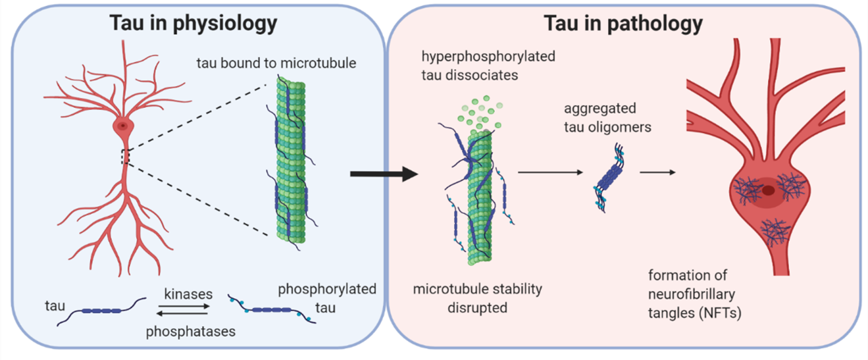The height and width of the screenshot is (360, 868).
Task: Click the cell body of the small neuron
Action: (122, 126)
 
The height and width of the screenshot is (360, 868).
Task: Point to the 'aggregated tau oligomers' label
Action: (607, 116)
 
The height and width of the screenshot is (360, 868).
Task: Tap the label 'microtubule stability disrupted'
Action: (479, 298)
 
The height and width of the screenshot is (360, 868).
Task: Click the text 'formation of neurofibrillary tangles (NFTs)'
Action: (695, 294)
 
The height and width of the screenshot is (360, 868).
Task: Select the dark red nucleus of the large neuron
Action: (768, 191)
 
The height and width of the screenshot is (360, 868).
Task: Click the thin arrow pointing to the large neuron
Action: (659, 173)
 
